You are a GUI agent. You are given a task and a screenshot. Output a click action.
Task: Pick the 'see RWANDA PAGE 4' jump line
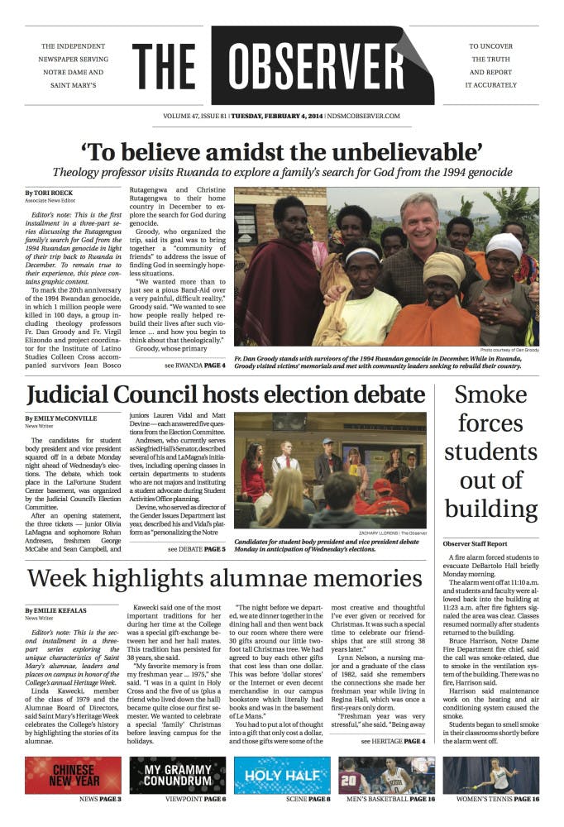point(194,365)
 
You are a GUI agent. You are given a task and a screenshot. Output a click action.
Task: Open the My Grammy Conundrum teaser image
point(177,775)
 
